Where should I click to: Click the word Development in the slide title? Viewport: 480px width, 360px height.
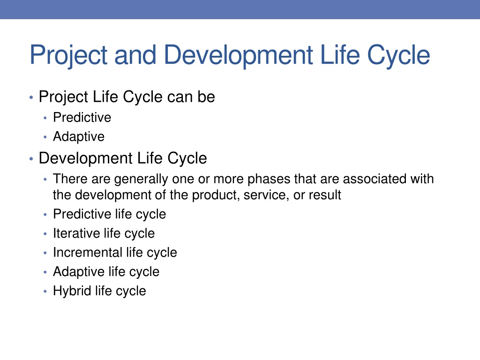[239, 55]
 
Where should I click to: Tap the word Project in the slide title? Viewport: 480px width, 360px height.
[68, 55]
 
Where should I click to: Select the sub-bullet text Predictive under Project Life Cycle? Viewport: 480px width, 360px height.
[82, 117]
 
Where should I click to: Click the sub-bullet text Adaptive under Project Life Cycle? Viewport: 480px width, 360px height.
[79, 137]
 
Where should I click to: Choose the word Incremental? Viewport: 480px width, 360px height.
[88, 253]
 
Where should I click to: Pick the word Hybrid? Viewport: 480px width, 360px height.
[72, 291]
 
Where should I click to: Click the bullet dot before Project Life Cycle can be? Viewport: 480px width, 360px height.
[31, 97]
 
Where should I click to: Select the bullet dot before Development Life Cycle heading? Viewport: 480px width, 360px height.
[31, 159]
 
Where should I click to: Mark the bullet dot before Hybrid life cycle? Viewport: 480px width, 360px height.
[45, 292]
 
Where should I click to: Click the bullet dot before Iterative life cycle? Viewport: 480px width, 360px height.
[45, 234]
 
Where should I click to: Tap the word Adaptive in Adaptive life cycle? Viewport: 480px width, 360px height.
[79, 272]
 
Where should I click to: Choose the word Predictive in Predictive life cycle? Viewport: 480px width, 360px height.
[82, 214]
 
